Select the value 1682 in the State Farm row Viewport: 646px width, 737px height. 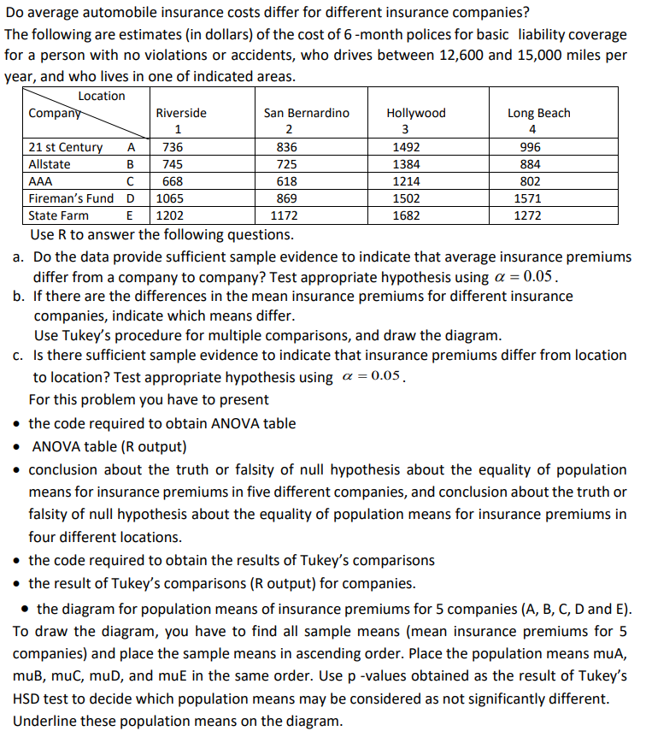[x=406, y=215]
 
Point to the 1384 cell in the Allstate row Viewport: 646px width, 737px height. [x=406, y=164]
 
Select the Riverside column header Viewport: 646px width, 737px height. [x=180, y=113]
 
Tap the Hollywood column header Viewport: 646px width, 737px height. [x=416, y=113]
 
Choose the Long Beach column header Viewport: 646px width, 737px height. [x=538, y=113]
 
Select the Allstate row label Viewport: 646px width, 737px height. [x=50, y=164]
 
